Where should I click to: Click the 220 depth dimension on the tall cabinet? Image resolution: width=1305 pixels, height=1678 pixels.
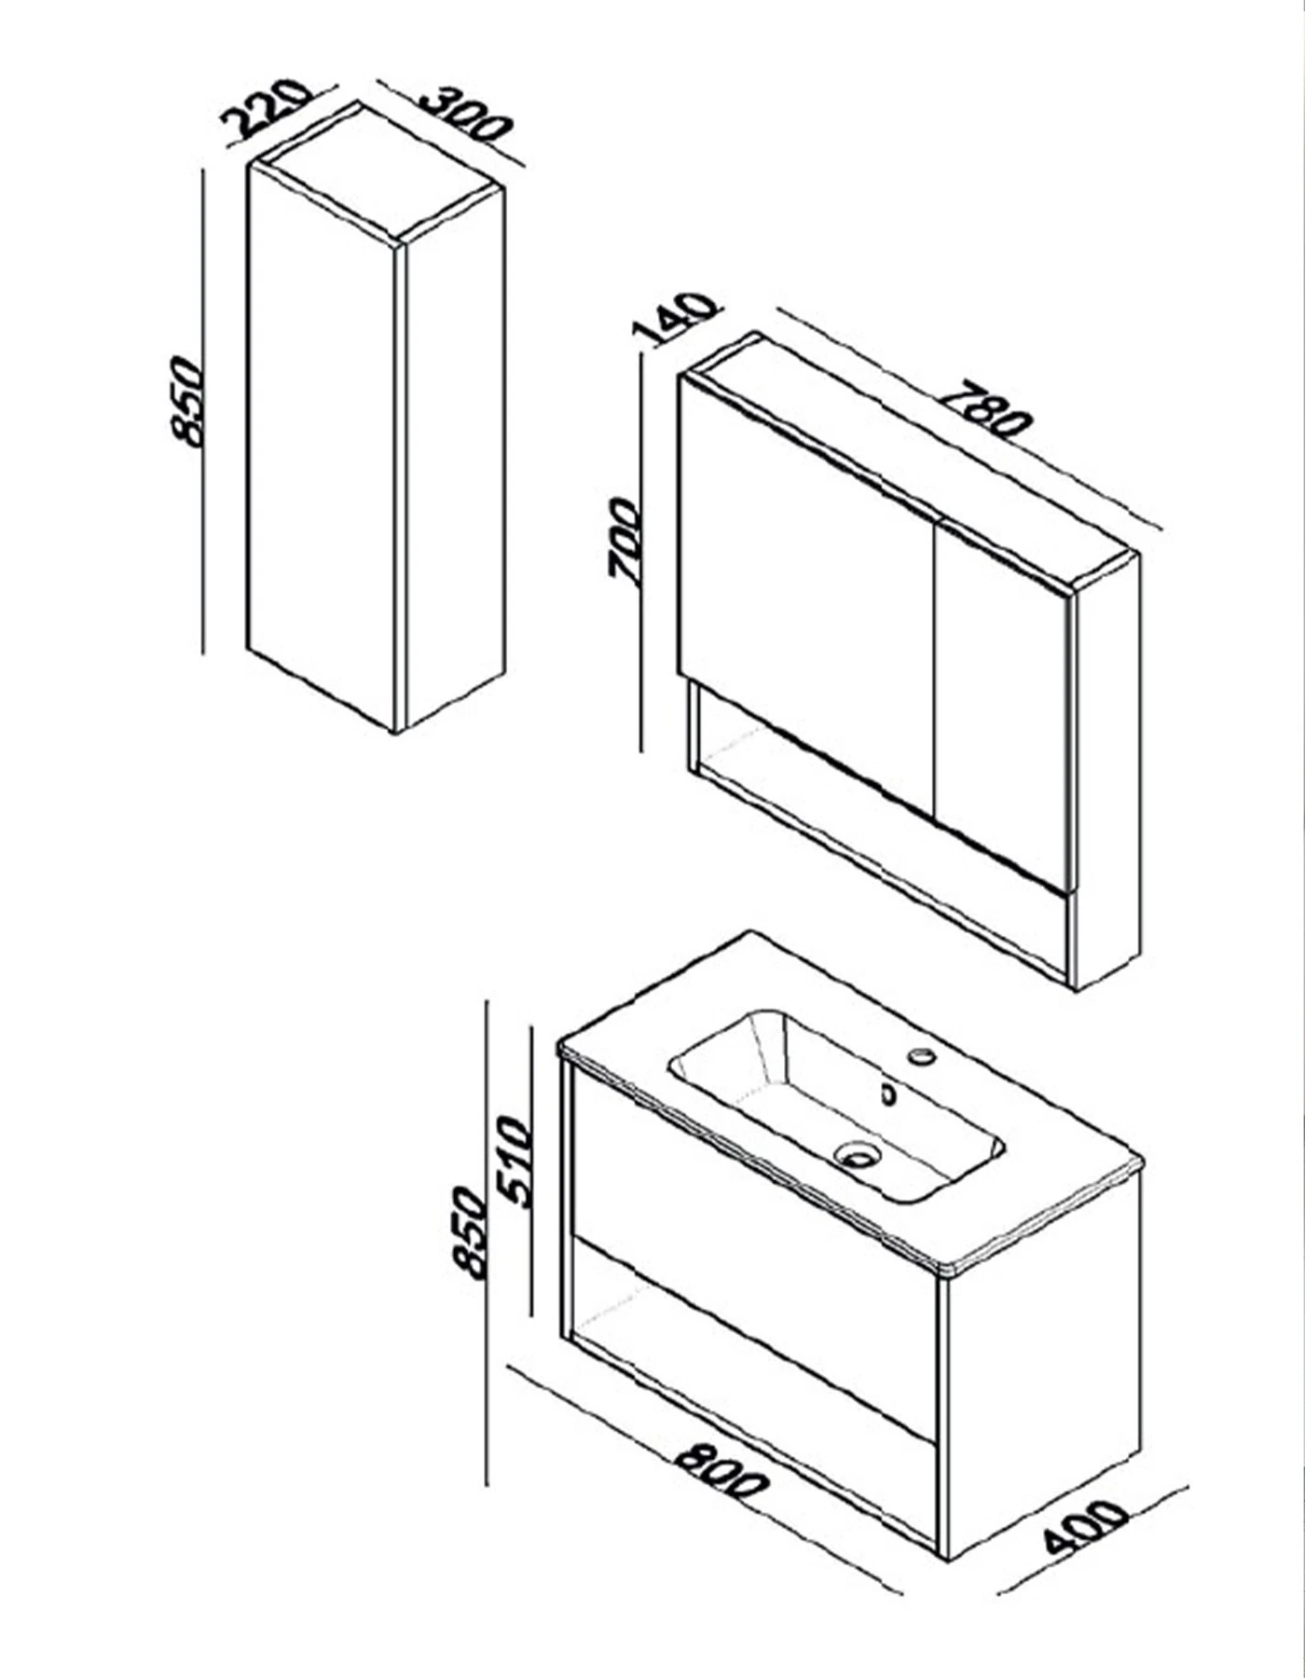pos(264,108)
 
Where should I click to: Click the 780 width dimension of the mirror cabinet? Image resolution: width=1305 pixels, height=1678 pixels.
pos(986,407)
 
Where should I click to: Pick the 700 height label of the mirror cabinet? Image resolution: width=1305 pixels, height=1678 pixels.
pos(623,541)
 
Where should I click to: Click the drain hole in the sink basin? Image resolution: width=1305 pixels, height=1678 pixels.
pos(857,1156)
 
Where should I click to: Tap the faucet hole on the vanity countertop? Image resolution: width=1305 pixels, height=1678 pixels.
pos(923,1055)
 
